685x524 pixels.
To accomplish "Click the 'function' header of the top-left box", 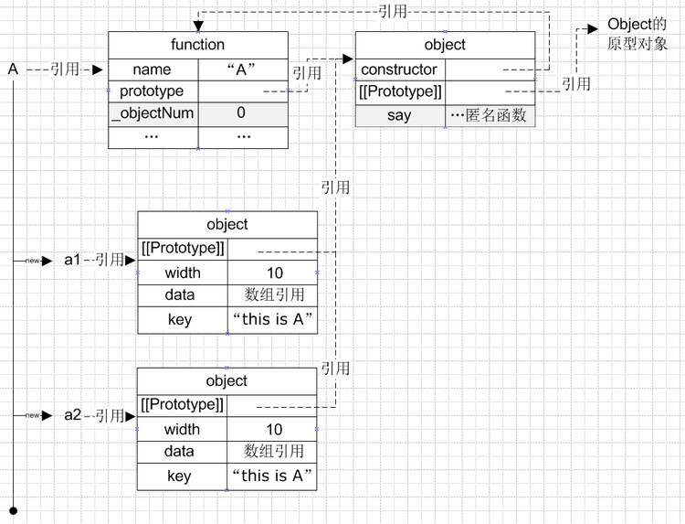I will click(x=197, y=45).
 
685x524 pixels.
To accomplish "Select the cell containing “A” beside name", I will click(x=243, y=70).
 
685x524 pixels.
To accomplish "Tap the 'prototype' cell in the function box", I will click(x=152, y=91).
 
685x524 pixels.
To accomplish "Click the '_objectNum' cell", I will click(x=152, y=113).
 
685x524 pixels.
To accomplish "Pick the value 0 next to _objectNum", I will click(x=241, y=113).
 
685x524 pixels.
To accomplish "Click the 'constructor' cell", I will click(x=399, y=70).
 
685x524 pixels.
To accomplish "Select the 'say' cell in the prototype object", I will click(x=399, y=115).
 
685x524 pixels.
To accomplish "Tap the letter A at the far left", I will click(x=13, y=70).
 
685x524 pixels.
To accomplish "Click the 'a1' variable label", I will click(x=73, y=260).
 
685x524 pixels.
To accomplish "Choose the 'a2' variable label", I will click(x=73, y=415).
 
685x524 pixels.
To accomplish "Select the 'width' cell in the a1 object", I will click(x=183, y=273).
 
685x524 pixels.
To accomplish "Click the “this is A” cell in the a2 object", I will click(x=272, y=476).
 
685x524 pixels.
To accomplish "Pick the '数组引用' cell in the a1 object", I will click(x=272, y=295).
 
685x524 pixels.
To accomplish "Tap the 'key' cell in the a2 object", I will click(x=180, y=476).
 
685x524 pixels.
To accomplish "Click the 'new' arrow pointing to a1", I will click(x=34, y=261).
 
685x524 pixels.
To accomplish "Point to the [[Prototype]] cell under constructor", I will click(x=401, y=92).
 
